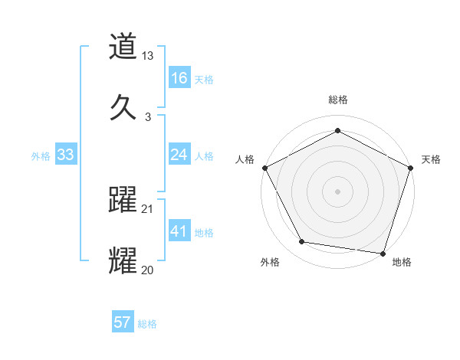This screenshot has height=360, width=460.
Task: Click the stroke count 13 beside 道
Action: pyautogui.click(x=148, y=57)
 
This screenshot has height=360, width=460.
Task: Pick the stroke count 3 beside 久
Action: pyautogui.click(x=148, y=116)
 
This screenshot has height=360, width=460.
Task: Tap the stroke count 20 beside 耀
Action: pyautogui.click(x=148, y=269)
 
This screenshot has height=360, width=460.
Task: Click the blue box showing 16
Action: pyautogui.click(x=179, y=78)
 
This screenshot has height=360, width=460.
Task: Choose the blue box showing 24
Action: pyautogui.click(x=179, y=155)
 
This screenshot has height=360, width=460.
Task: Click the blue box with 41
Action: pyautogui.click(x=179, y=231)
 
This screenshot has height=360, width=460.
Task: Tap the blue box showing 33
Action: pyautogui.click(x=66, y=155)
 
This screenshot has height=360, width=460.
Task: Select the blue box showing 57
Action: pyautogui.click(x=123, y=322)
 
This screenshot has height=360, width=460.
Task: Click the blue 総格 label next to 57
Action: pyautogui.click(x=147, y=324)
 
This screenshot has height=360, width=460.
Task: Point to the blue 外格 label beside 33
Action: pyautogui.click(x=41, y=156)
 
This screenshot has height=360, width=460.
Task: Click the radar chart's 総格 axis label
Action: pyautogui.click(x=337, y=100)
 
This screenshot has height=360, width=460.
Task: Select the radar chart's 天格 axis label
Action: pyautogui.click(x=431, y=159)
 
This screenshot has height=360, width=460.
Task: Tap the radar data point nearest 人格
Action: pyautogui.click(x=264, y=168)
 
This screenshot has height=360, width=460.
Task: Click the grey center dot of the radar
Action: pyautogui.click(x=337, y=191)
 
